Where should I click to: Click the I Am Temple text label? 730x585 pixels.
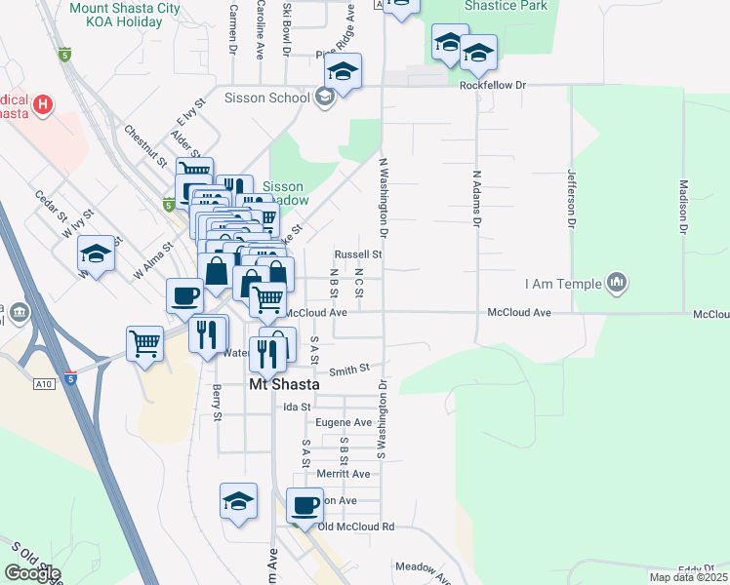click(x=562, y=284)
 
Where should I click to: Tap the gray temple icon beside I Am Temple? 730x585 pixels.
click(x=616, y=284)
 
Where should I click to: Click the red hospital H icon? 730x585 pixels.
click(x=43, y=103)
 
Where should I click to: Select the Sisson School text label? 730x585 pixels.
click(x=267, y=97)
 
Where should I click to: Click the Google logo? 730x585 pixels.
click(x=32, y=573)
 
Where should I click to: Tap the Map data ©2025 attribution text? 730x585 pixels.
click(x=689, y=577)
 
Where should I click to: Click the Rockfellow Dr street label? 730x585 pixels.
click(x=493, y=86)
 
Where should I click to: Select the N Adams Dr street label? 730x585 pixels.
click(x=477, y=200)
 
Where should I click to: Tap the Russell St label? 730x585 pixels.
click(x=357, y=253)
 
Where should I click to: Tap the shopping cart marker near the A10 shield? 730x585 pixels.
click(x=144, y=343)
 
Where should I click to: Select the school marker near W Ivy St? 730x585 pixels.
click(x=97, y=254)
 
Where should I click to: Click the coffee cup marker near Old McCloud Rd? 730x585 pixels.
click(x=305, y=506)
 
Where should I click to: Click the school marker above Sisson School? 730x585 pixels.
click(x=344, y=71)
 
